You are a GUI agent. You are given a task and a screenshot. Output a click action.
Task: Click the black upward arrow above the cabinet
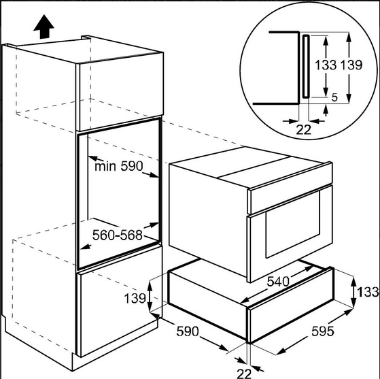(44, 27)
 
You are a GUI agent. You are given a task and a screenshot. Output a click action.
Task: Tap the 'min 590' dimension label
(119, 167)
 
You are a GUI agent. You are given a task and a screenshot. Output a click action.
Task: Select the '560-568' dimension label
(118, 235)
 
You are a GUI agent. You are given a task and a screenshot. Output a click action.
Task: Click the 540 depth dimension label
(278, 282)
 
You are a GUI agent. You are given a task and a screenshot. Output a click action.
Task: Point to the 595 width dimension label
(323, 331)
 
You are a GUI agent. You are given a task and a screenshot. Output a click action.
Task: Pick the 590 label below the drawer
(188, 331)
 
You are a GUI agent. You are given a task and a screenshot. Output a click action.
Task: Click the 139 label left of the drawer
(135, 298)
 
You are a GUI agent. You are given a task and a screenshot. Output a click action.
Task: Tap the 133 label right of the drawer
(368, 292)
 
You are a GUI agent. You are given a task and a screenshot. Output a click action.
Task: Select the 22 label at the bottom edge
(244, 374)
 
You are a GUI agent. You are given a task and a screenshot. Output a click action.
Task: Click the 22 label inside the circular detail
(303, 130)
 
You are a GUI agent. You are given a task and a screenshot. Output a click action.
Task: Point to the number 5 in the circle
(334, 97)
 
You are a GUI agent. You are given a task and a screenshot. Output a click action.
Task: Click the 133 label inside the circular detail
(326, 65)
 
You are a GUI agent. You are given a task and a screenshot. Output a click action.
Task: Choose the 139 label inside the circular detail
(351, 65)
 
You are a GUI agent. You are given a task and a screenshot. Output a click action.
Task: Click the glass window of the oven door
(293, 224)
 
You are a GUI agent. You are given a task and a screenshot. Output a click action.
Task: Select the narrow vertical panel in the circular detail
(306, 66)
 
